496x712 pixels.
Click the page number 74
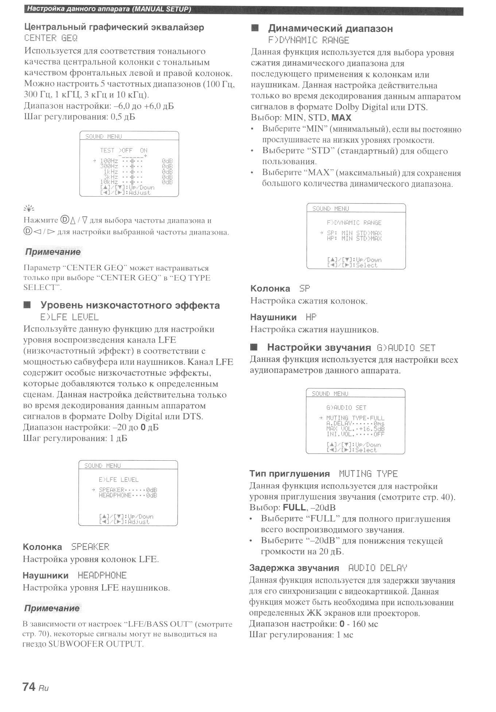(29, 687)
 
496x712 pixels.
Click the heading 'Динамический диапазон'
(330, 28)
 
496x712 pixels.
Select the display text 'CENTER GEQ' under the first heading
(51, 38)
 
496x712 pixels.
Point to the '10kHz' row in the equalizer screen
(109, 182)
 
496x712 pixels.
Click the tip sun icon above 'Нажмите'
(29, 208)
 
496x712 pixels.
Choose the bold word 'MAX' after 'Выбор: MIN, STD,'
(341, 118)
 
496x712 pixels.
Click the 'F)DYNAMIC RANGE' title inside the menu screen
(354, 222)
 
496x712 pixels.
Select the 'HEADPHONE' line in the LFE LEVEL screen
(128, 495)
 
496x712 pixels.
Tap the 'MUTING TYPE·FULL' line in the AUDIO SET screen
(355, 418)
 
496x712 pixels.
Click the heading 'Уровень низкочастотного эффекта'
(130, 305)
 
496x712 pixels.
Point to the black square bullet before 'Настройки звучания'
(254, 347)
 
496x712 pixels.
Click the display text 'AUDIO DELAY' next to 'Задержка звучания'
(377, 568)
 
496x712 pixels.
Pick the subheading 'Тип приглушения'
(289, 474)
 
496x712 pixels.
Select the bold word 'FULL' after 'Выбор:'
(294, 508)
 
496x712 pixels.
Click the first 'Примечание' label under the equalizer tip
(53, 252)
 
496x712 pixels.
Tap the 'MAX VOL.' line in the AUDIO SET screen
(355, 429)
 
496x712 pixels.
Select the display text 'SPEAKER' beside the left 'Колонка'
(90, 547)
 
